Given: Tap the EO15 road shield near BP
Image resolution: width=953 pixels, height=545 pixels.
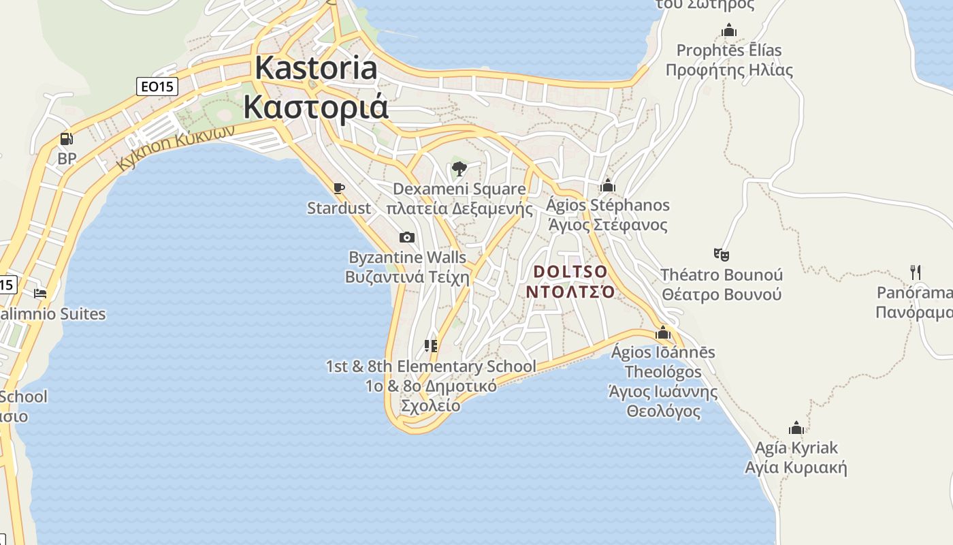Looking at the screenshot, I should pos(157,87).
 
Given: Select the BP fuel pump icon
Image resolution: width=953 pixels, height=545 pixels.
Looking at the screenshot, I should pos(66,139).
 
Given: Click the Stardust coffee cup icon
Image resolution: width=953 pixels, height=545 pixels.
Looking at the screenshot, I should pos(339,188).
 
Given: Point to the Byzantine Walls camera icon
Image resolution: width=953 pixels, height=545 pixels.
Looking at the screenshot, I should pos(407,237).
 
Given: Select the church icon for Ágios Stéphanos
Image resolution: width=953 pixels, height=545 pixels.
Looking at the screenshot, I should pos(608,185).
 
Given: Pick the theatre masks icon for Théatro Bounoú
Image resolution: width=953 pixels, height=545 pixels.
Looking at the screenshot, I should pos(722,255).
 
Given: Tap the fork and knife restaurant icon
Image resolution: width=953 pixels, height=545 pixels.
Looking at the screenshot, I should pos(916,272).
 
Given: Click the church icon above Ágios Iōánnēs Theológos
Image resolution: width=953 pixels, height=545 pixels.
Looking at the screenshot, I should pos(663,332).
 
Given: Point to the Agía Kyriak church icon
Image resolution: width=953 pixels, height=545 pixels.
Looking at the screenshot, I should pos(796,428).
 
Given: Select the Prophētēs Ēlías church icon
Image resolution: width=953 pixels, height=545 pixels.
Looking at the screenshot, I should pos(729,30).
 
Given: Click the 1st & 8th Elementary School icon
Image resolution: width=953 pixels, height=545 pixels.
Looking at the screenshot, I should pos(431,346).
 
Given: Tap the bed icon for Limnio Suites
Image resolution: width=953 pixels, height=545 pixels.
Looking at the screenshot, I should pos(40,294).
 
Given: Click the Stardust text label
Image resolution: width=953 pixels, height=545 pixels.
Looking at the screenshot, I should pos(339,208).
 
